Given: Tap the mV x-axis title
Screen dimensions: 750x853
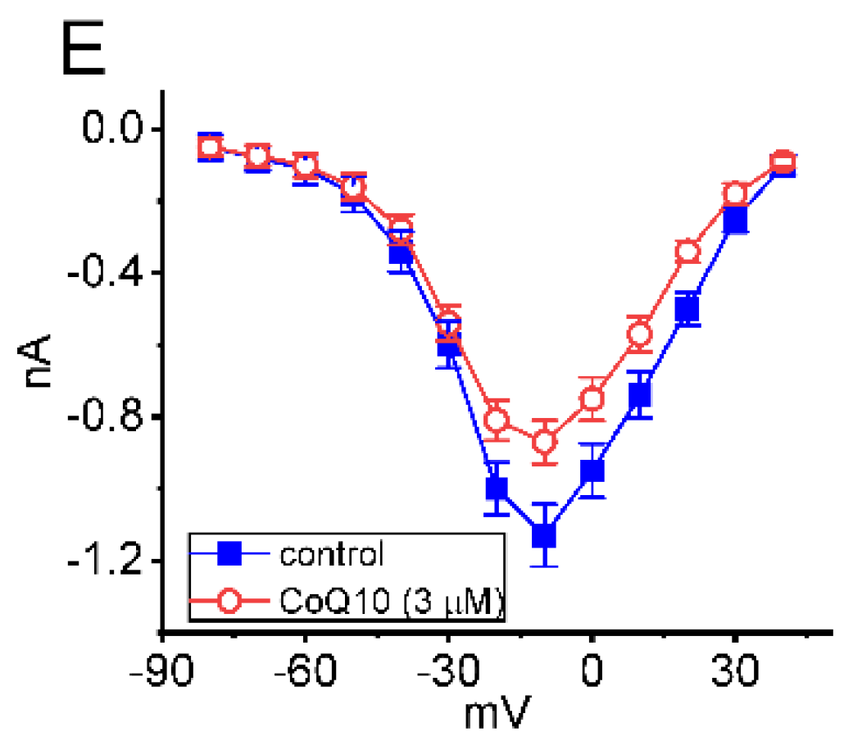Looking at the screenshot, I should pyautogui.click(x=497, y=714).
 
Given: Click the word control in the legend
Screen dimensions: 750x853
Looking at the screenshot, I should pyautogui.click(x=331, y=555).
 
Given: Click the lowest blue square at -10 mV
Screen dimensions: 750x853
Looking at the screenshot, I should pyautogui.click(x=543, y=535).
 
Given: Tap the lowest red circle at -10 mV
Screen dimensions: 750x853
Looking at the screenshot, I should pyautogui.click(x=543, y=442).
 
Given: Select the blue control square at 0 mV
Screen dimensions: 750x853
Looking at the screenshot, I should pyautogui.click(x=592, y=471).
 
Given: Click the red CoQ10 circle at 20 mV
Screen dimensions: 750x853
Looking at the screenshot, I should pyautogui.click(x=687, y=252).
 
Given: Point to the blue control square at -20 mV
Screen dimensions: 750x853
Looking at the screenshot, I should pyautogui.click(x=496, y=489).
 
